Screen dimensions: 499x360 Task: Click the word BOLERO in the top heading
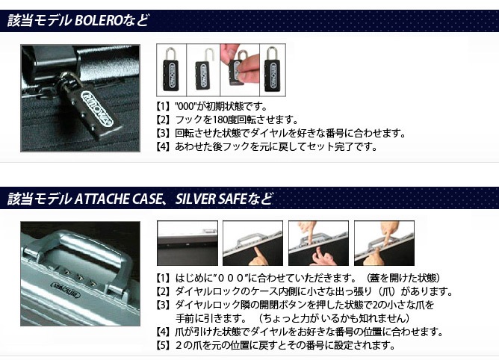pos(99,21)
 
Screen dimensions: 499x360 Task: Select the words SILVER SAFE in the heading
pos(211,199)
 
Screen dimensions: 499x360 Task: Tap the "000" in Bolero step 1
pos(185,106)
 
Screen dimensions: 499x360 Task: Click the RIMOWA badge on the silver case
pos(66,289)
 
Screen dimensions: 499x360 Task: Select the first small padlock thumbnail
pos(172,70)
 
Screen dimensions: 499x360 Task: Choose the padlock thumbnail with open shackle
pos(203,70)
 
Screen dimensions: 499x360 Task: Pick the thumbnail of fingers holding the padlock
pos(240,70)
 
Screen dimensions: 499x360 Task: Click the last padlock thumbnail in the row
pos(273,70)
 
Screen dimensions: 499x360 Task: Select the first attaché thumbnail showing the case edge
pos(187,243)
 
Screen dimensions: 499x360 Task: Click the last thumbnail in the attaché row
pos(384,243)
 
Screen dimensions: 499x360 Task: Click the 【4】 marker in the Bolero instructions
pos(163,146)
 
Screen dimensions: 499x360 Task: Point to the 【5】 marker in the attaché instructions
pos(163,345)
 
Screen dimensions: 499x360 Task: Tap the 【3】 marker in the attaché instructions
pos(163,305)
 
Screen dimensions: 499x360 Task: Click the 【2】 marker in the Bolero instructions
pos(163,120)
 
